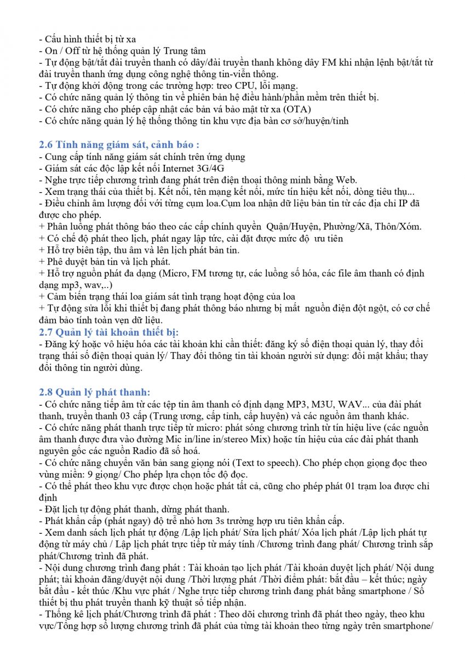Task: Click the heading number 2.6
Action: (46, 145)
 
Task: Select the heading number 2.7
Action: (46, 332)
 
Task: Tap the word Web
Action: (347, 180)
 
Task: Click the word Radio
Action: (143, 451)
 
